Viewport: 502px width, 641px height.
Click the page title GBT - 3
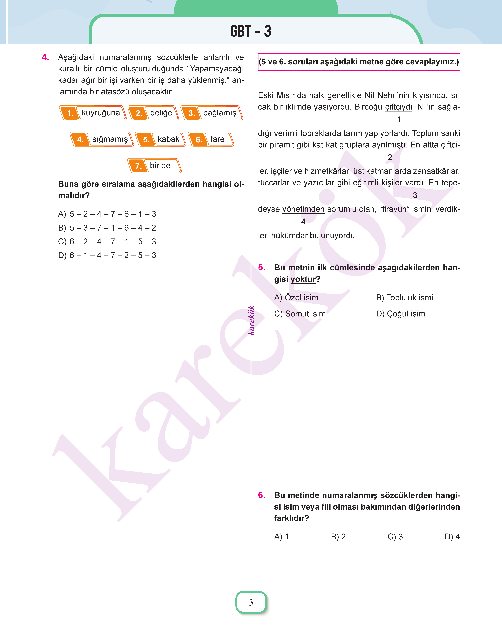[x=251, y=31]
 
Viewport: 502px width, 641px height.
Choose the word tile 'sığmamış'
[x=102, y=139]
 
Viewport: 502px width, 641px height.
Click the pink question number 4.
[x=46, y=57]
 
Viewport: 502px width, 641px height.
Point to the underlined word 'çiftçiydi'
[x=399, y=107]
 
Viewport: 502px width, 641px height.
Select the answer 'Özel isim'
[x=296, y=298]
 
